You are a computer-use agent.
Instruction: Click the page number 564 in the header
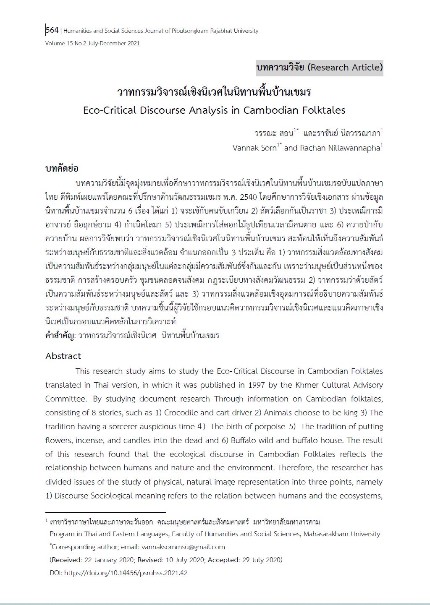[52, 30]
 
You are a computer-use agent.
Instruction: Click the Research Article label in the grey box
[346, 68]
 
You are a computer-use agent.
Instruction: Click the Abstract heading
[63, 356]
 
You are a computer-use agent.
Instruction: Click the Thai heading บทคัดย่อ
[62, 169]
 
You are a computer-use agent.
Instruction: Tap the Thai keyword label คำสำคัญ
[60, 336]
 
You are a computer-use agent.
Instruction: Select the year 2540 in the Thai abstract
[248, 197]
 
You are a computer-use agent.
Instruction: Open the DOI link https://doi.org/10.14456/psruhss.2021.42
[126, 573]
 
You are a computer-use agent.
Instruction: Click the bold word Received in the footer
[66, 560]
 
